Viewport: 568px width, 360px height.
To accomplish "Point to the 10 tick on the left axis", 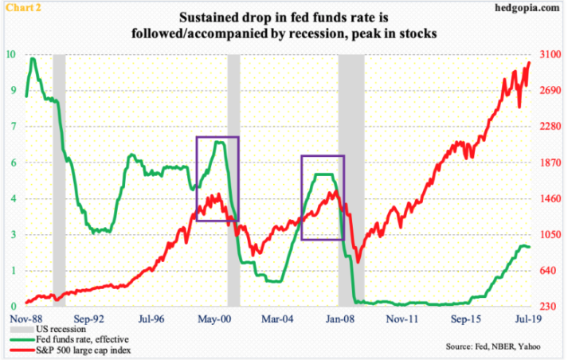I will pyautogui.click(x=11, y=55).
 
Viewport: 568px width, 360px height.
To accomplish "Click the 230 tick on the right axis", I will pyautogui.click(x=546, y=307).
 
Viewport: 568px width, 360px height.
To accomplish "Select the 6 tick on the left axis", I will pyautogui.click(x=10, y=162).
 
